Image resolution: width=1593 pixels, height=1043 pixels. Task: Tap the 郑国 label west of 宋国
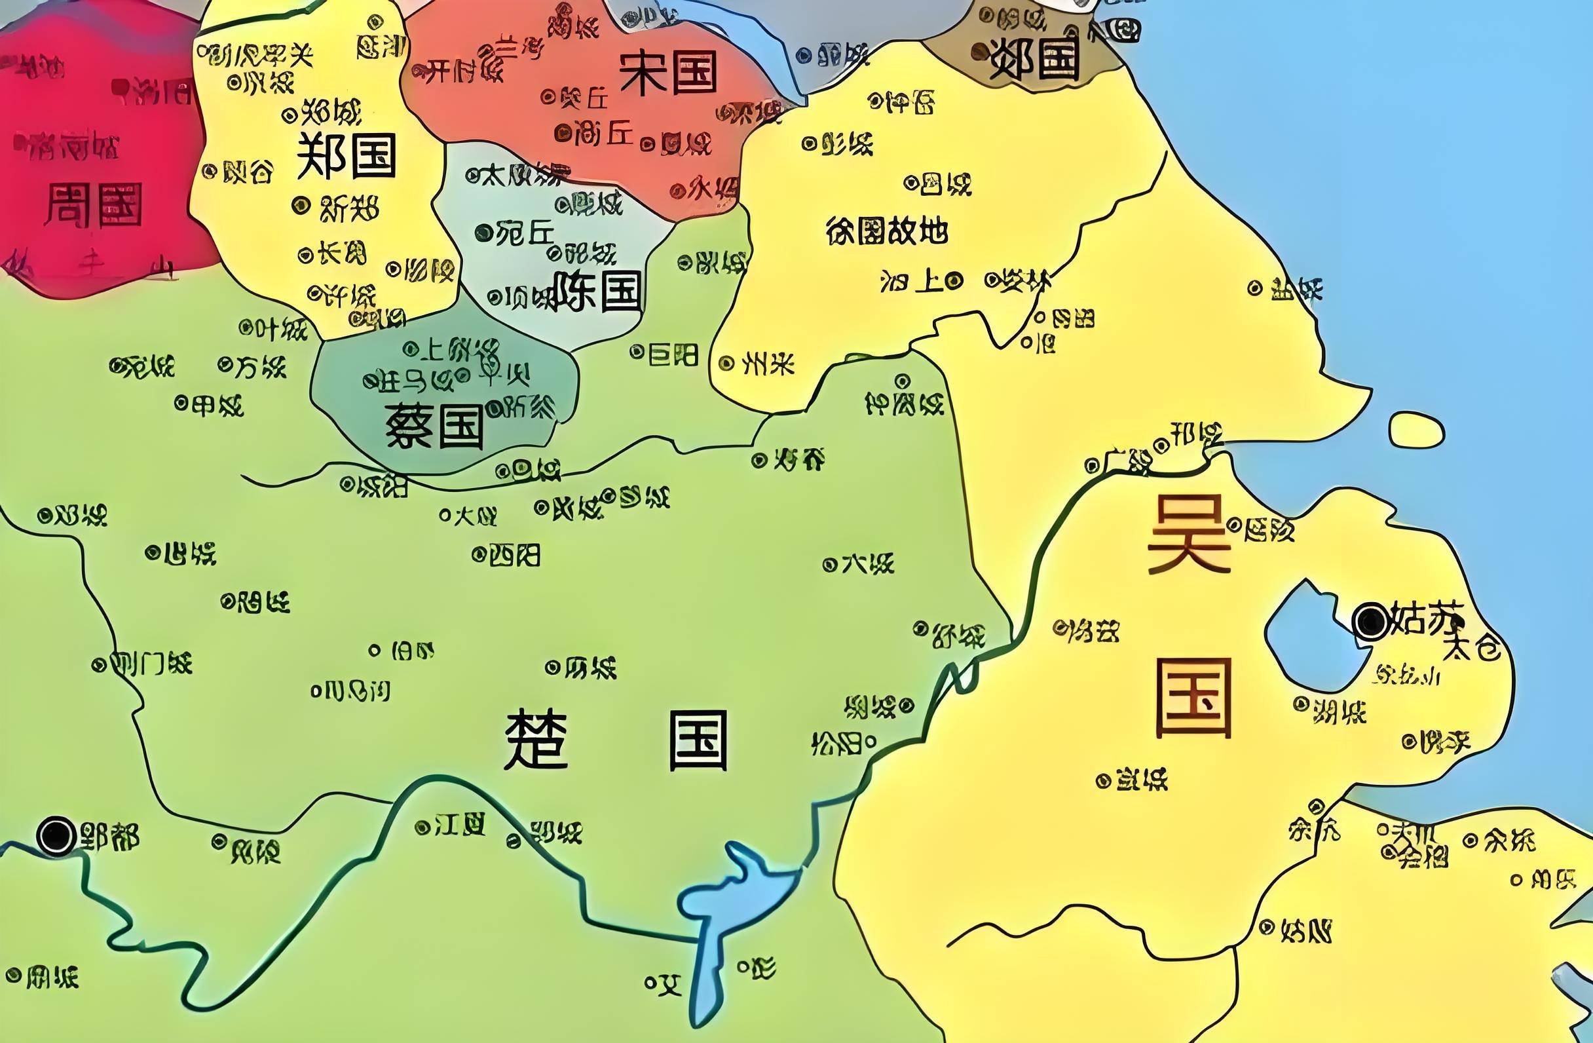point(346,155)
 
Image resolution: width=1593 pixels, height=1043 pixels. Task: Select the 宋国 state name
point(667,71)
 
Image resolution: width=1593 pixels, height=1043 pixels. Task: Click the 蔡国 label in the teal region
point(434,425)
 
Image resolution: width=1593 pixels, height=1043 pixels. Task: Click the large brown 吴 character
point(1190,535)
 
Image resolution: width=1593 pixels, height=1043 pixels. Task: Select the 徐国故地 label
point(887,232)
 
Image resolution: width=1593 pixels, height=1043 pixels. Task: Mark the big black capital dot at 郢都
point(56,835)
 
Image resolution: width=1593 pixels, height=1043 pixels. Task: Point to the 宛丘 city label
point(525,233)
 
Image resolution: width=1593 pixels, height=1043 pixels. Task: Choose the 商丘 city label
point(603,133)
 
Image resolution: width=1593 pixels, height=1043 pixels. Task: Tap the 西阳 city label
point(514,555)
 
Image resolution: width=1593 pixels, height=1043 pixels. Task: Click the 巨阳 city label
point(673,354)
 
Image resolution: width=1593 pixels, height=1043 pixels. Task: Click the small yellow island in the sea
point(1415,429)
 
